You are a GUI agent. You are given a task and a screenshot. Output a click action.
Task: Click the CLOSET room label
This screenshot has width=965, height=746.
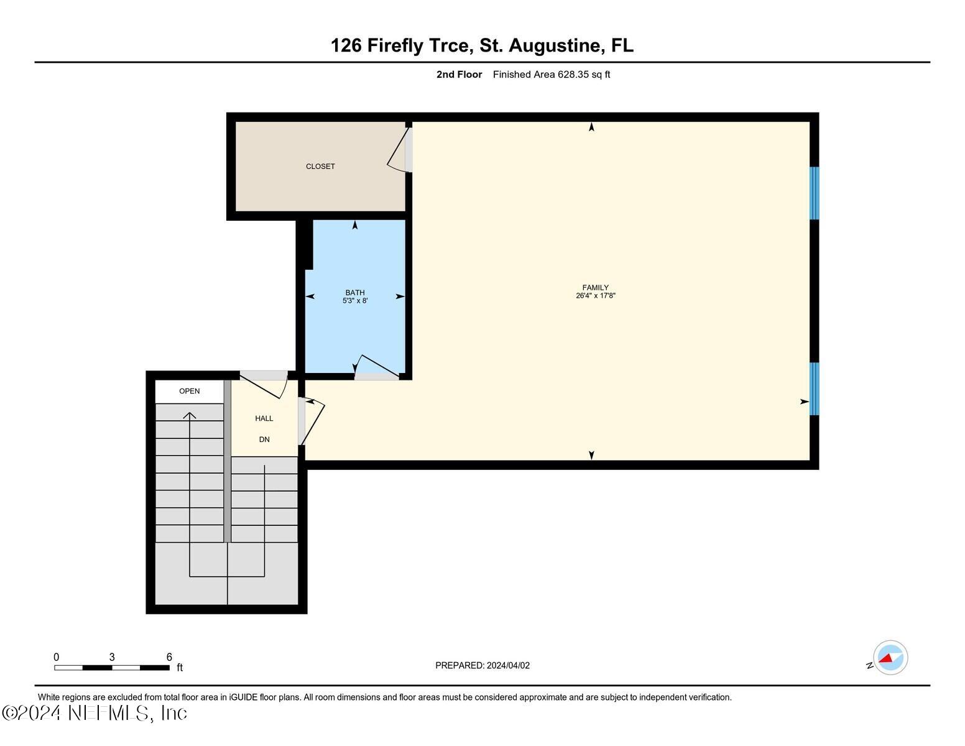tap(320, 167)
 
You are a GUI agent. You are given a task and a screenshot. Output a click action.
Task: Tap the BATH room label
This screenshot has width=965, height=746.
tap(355, 292)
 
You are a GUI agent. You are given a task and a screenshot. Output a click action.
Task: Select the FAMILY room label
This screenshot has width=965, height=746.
tap(595, 287)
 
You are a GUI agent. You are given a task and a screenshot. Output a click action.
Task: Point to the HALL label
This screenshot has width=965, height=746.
tap(264, 418)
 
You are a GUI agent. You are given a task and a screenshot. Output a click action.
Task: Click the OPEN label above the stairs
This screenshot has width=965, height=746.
tap(190, 391)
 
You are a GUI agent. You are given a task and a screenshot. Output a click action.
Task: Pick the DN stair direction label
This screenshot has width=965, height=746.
tap(264, 440)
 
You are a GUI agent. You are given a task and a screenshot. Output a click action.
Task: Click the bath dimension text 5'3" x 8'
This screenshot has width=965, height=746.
tap(355, 301)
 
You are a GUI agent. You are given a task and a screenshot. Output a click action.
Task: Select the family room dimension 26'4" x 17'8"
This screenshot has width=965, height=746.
tap(595, 296)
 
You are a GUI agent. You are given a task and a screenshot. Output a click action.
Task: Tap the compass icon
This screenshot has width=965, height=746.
tap(890, 658)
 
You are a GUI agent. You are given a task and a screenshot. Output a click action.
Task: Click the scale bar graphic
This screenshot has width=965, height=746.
tap(112, 668)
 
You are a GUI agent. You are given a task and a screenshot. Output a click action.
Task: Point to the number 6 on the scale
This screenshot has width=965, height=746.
tap(169, 657)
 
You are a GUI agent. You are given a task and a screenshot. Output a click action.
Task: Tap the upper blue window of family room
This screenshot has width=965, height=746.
tap(814, 193)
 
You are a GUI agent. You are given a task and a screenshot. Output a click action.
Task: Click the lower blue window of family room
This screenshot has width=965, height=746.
tap(814, 389)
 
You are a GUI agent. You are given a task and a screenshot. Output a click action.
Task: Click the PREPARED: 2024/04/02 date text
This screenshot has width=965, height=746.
tap(482, 665)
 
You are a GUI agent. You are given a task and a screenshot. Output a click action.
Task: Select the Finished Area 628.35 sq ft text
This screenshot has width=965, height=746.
tap(552, 75)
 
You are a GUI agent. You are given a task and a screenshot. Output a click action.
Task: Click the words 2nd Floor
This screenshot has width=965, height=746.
tap(459, 75)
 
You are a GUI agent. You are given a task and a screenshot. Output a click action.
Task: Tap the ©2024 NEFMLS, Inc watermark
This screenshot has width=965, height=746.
tap(95, 712)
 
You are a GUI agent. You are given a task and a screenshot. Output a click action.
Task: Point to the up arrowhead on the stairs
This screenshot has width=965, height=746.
tap(190, 415)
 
